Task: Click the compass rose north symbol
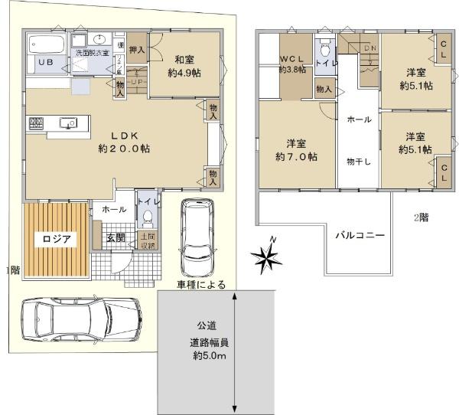(269, 258)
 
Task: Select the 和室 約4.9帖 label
(184, 66)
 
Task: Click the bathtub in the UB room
(45, 45)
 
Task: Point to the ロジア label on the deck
(57, 237)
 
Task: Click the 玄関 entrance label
(116, 237)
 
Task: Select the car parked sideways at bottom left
(80, 315)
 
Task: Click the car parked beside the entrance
(194, 240)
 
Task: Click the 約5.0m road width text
(208, 357)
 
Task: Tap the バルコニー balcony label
(359, 234)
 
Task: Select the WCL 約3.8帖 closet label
(293, 63)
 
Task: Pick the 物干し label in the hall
(359, 161)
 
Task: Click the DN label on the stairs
(370, 49)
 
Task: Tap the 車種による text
(201, 285)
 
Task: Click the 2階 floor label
(421, 217)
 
